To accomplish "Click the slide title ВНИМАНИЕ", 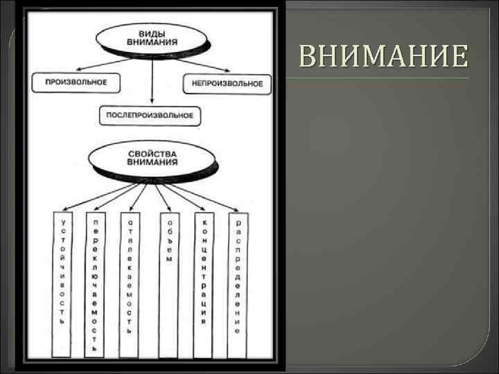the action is pos(383,57).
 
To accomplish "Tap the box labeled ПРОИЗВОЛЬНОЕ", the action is pos(76,83).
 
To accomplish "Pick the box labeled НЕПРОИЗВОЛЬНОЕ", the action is pos(222,84).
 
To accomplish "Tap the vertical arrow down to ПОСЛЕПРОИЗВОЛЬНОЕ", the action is pos(151,80).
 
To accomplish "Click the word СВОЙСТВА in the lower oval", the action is pos(152,153).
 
